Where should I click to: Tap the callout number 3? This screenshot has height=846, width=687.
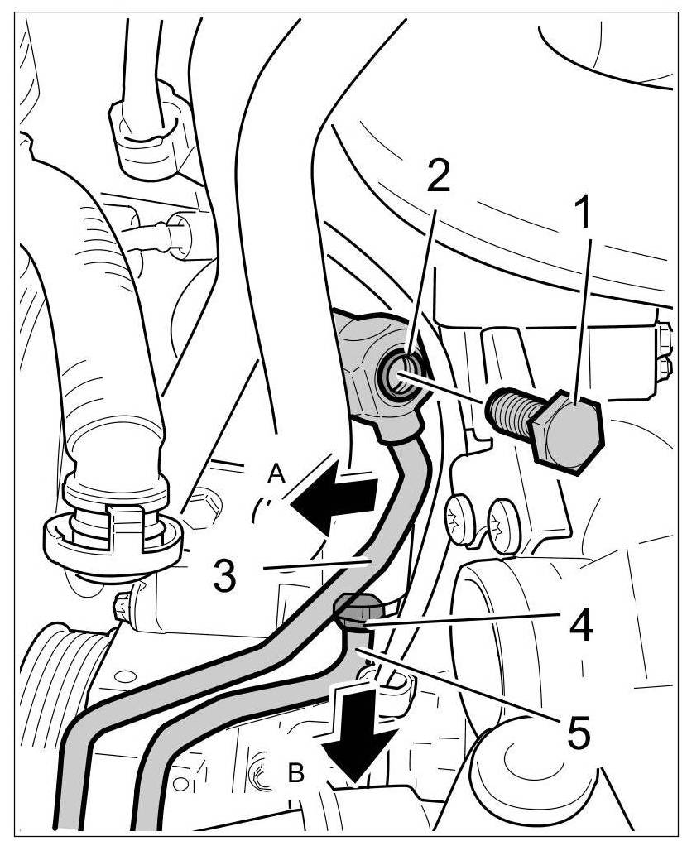[225, 574]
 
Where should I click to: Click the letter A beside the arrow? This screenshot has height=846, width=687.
[276, 473]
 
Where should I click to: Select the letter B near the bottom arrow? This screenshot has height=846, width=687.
[296, 774]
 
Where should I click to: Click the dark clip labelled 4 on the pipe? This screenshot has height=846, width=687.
[358, 609]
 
